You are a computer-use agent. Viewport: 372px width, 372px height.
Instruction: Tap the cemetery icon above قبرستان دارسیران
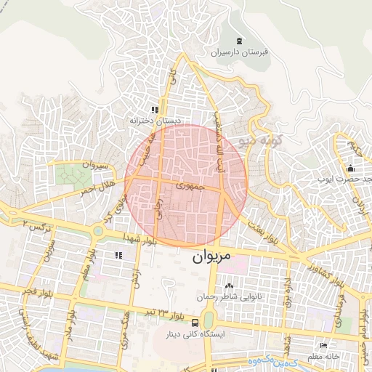coord(240,41)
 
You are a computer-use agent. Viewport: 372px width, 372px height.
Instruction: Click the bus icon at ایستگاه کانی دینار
coord(195,322)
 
